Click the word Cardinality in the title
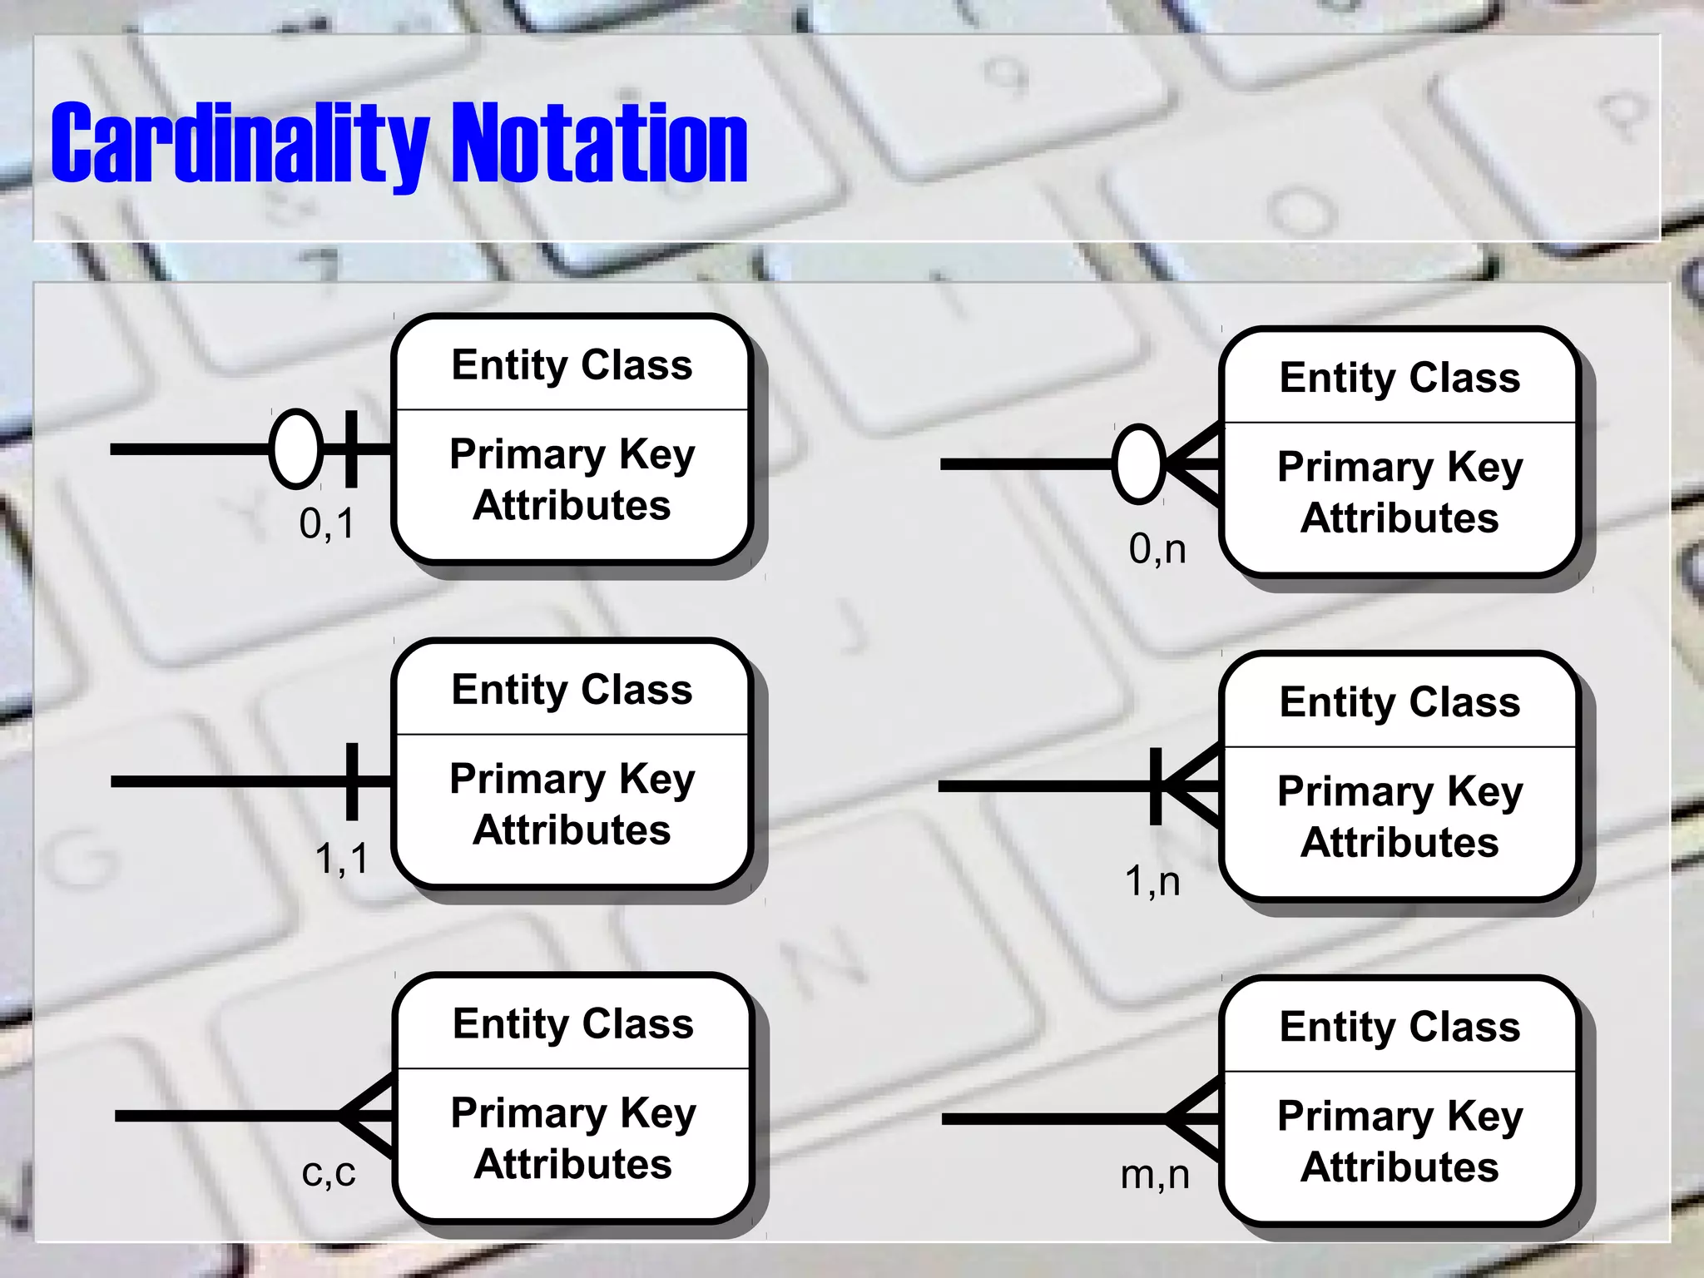(x=240, y=143)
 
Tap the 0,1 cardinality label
(x=327, y=524)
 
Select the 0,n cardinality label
(x=1157, y=549)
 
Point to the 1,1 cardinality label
(x=341, y=858)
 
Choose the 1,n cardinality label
(x=1152, y=881)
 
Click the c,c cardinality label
(x=329, y=1173)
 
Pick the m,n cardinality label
(x=1155, y=1175)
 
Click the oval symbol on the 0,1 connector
(x=296, y=449)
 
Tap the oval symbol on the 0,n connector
(x=1138, y=463)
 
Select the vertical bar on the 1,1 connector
(x=352, y=781)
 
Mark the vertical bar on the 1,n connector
(x=1156, y=786)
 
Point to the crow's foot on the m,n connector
(x=1195, y=1119)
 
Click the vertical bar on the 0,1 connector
(x=351, y=449)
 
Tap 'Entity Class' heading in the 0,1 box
(x=572, y=365)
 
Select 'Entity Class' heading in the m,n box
(x=1399, y=1027)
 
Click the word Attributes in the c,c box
(x=572, y=1164)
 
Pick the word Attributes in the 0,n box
(x=1399, y=518)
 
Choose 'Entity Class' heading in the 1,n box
(x=1399, y=702)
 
